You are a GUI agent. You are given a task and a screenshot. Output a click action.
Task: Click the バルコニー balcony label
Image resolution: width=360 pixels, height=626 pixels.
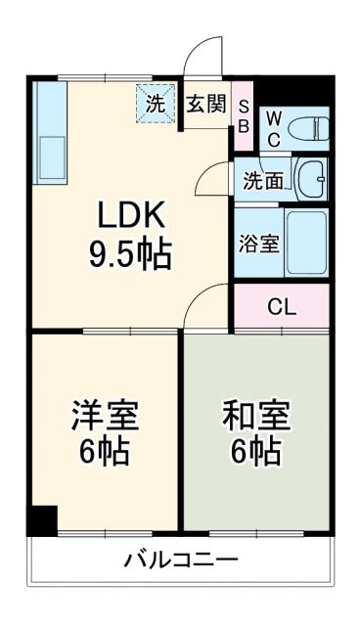coord(180,561)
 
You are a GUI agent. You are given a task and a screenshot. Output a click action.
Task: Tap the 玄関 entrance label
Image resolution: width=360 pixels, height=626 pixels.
coord(206,103)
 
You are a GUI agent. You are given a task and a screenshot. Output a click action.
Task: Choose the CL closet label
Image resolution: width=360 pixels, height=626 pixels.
coord(282,305)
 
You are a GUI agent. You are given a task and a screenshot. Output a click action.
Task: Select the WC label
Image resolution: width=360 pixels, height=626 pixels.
coord(274,127)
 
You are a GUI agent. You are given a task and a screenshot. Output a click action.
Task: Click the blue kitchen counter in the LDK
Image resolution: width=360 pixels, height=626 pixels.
coord(49,132)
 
